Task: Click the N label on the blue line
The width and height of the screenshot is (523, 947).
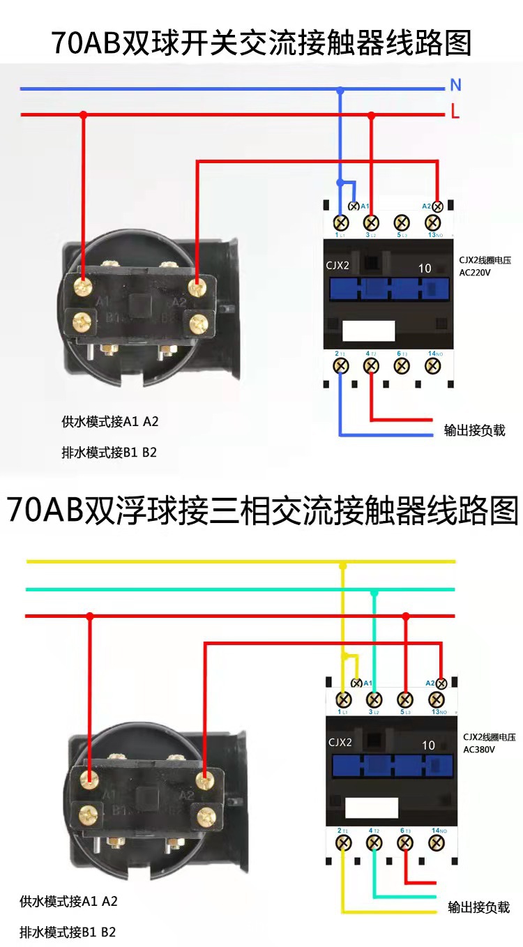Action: (455, 85)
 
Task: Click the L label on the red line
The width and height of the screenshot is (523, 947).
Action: (455, 112)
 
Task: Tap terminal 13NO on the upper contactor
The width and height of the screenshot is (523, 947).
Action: (433, 223)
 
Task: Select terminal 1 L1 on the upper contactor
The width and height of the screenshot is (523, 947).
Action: (341, 223)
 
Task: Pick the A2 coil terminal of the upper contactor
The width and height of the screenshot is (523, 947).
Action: (437, 206)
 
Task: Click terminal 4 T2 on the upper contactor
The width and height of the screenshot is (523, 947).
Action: (372, 365)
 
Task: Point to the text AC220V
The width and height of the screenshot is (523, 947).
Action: (474, 273)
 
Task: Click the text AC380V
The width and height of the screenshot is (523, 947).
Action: (478, 749)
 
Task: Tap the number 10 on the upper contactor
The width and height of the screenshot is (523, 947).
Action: (425, 268)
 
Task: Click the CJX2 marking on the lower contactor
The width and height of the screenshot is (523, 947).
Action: (340, 742)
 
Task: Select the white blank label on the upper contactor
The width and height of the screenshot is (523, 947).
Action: (368, 331)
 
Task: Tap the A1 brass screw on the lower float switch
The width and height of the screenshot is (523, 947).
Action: (89, 776)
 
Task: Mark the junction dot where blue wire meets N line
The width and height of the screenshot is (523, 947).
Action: (340, 90)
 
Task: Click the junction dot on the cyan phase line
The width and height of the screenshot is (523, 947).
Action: (374, 593)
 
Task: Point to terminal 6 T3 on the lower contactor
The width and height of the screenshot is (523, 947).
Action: (404, 842)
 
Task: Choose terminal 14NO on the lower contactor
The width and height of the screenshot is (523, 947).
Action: (437, 842)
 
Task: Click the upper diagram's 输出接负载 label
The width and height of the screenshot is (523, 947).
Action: (474, 430)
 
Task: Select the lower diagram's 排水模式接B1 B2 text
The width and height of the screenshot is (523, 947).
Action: (68, 932)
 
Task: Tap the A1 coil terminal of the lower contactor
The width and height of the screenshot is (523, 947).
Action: (357, 683)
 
